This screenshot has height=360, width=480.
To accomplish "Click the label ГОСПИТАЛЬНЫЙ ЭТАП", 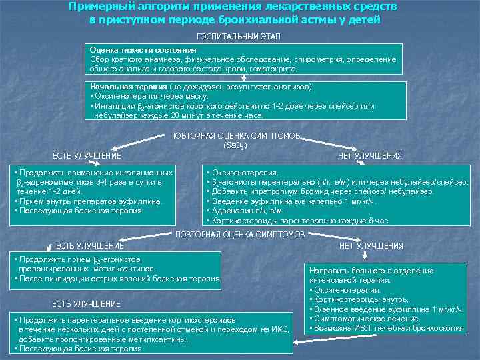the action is (x=238, y=35).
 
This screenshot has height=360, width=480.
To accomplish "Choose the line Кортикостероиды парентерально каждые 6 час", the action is (x=299, y=220).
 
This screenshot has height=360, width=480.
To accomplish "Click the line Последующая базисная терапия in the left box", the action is (x=79, y=211).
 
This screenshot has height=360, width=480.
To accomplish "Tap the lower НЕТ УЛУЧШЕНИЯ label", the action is (x=371, y=245).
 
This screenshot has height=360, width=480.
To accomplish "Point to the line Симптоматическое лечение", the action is (x=361, y=319).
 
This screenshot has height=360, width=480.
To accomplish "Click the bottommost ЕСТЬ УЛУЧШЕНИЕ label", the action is (x=86, y=304).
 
